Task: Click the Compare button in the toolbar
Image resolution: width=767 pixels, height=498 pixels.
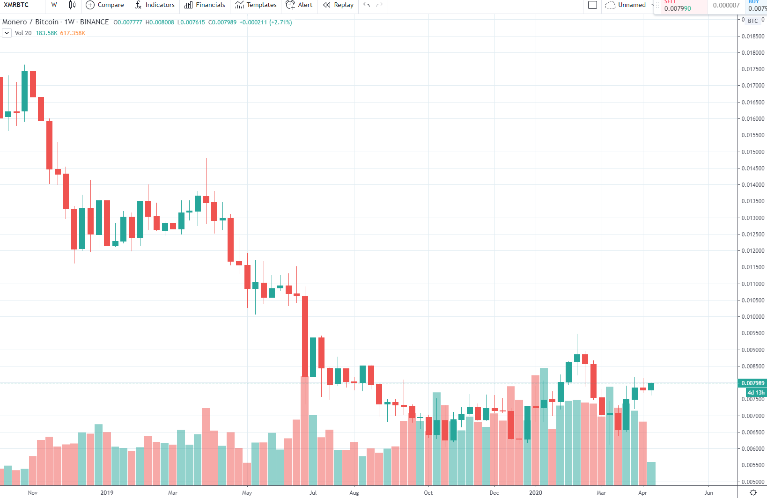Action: coord(105,5)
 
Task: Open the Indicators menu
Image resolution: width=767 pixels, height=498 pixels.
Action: coord(155,5)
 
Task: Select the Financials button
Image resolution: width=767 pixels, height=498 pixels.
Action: coord(205,5)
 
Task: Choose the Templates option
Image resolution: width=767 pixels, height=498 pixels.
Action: coord(256,5)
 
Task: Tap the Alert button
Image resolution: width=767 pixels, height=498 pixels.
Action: coord(299,5)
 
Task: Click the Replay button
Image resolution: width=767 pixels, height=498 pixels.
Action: coord(339,5)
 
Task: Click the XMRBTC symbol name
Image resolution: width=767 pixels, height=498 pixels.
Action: coord(16,5)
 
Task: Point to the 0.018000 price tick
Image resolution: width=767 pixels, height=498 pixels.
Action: coord(752,53)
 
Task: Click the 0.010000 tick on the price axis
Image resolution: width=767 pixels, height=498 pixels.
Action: coord(752,317)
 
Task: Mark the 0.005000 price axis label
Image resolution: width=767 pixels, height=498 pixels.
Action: coord(752,482)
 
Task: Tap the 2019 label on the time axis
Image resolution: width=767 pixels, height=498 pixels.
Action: coord(107,493)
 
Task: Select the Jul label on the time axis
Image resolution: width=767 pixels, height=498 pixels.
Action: coord(313,493)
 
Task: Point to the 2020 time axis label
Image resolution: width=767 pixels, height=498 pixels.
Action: coord(535,493)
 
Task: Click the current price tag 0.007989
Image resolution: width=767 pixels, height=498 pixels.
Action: coord(752,383)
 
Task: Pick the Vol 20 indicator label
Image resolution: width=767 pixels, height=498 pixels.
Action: coord(23,33)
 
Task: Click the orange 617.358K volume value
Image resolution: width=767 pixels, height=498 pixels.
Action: coord(73,33)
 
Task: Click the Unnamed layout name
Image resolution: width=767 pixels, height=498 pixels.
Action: coord(632,5)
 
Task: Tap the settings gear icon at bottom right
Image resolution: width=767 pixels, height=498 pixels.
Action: coord(753,492)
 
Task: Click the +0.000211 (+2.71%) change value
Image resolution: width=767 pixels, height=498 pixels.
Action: coord(265,22)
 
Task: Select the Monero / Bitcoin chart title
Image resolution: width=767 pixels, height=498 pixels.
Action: coord(30,22)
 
